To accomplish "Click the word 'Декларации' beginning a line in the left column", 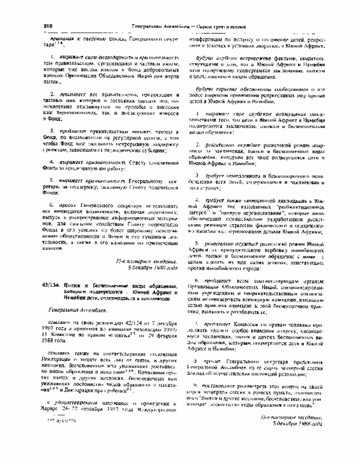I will pos(59,342).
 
